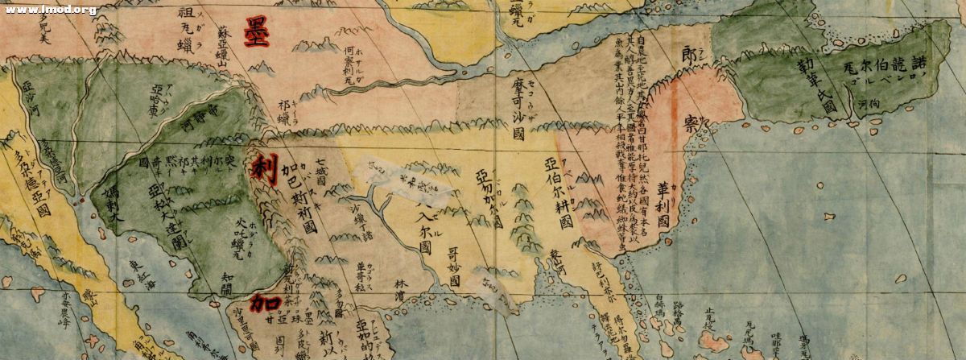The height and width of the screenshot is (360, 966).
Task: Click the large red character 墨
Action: coord(256,32)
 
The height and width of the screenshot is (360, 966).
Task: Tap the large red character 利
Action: coord(263,169)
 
